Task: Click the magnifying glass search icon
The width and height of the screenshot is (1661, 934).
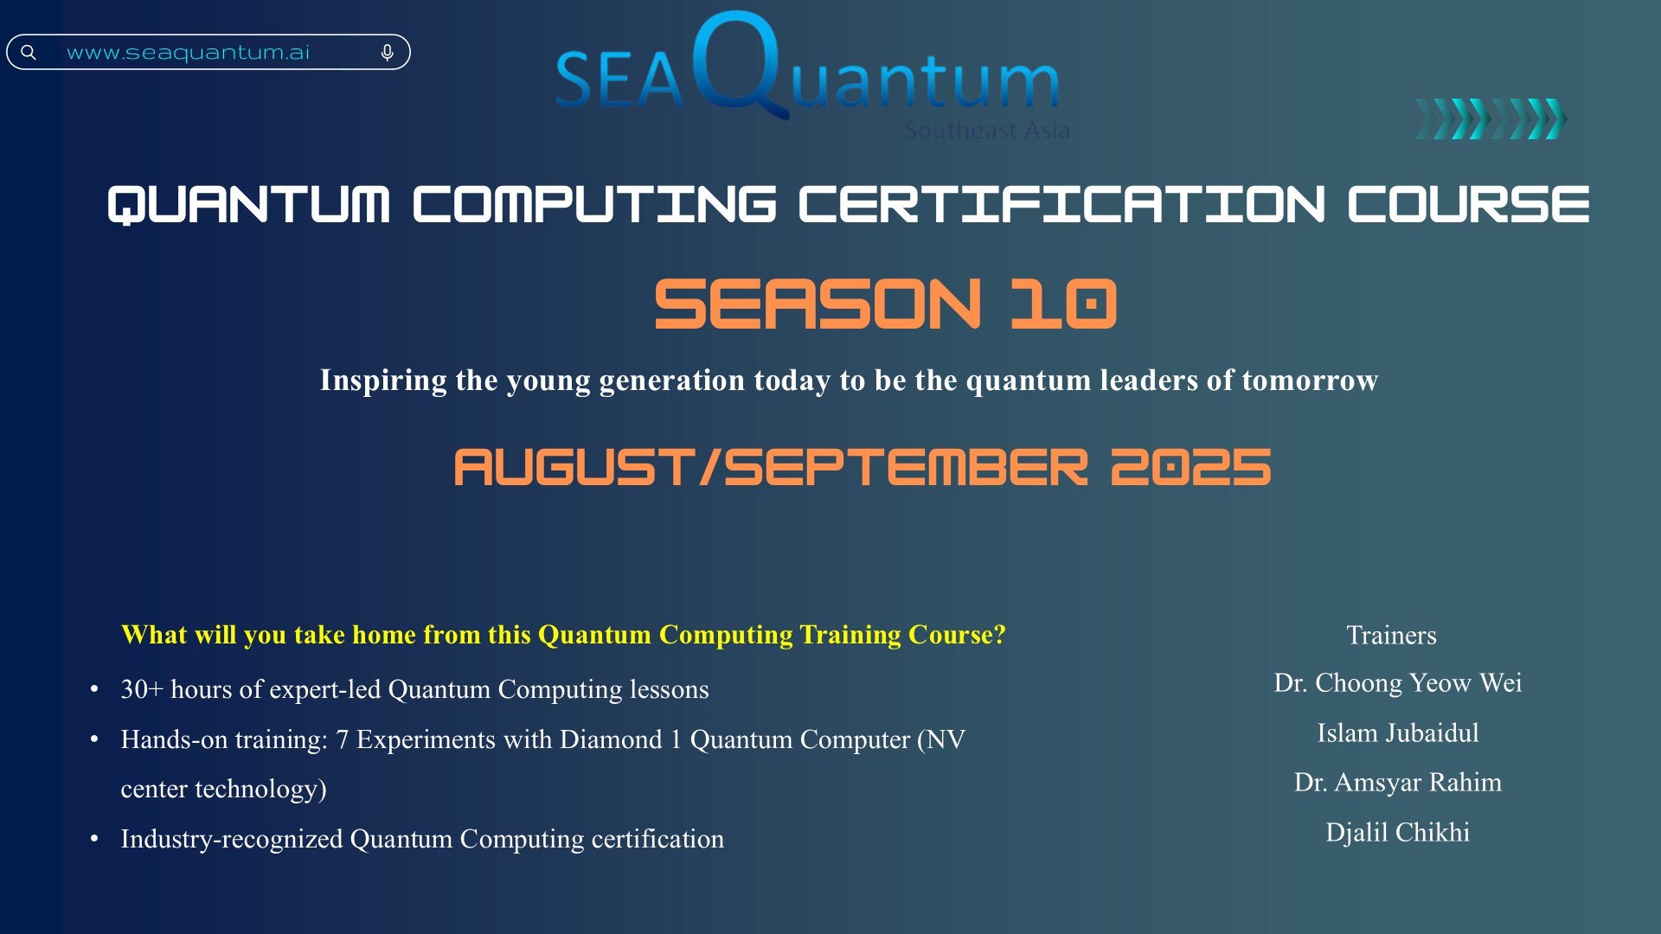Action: pyautogui.click(x=29, y=53)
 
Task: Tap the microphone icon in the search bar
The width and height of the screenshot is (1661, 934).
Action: pyautogui.click(x=388, y=54)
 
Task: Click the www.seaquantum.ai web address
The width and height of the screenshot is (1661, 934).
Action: pyautogui.click(x=188, y=53)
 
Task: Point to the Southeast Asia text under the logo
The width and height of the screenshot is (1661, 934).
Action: pyautogui.click(x=987, y=131)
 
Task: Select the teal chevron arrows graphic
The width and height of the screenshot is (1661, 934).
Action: pyautogui.click(x=1491, y=118)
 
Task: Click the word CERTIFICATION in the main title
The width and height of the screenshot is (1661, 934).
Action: pyautogui.click(x=1061, y=205)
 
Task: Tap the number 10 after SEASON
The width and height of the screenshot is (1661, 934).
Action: pyautogui.click(x=1064, y=304)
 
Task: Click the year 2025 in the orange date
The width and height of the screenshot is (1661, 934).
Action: pyautogui.click(x=1190, y=467)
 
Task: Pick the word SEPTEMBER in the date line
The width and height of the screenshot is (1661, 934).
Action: pyautogui.click(x=906, y=467)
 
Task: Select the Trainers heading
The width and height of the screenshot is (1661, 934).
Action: pyautogui.click(x=1391, y=636)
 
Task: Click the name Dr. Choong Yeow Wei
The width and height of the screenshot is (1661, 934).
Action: pyautogui.click(x=1397, y=683)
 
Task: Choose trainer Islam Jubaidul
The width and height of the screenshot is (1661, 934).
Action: pyautogui.click(x=1397, y=733)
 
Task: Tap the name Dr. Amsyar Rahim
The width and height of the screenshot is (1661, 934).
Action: pyautogui.click(x=1397, y=783)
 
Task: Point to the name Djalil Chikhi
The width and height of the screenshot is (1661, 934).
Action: pyautogui.click(x=1397, y=833)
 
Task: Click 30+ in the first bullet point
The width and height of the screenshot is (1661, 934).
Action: pyautogui.click(x=142, y=689)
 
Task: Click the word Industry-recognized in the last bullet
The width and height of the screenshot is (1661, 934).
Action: pyautogui.click(x=232, y=839)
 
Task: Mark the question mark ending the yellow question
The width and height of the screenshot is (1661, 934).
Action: pyautogui.click(x=1000, y=635)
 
